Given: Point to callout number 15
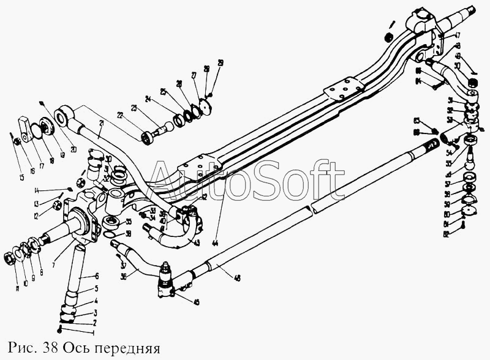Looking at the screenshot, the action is (x=21, y=178).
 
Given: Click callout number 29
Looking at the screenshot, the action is (x=221, y=62).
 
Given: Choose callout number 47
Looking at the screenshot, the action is (x=458, y=35).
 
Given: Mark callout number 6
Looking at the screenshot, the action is (x=96, y=276).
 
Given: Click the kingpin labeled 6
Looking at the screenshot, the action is (x=77, y=276).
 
